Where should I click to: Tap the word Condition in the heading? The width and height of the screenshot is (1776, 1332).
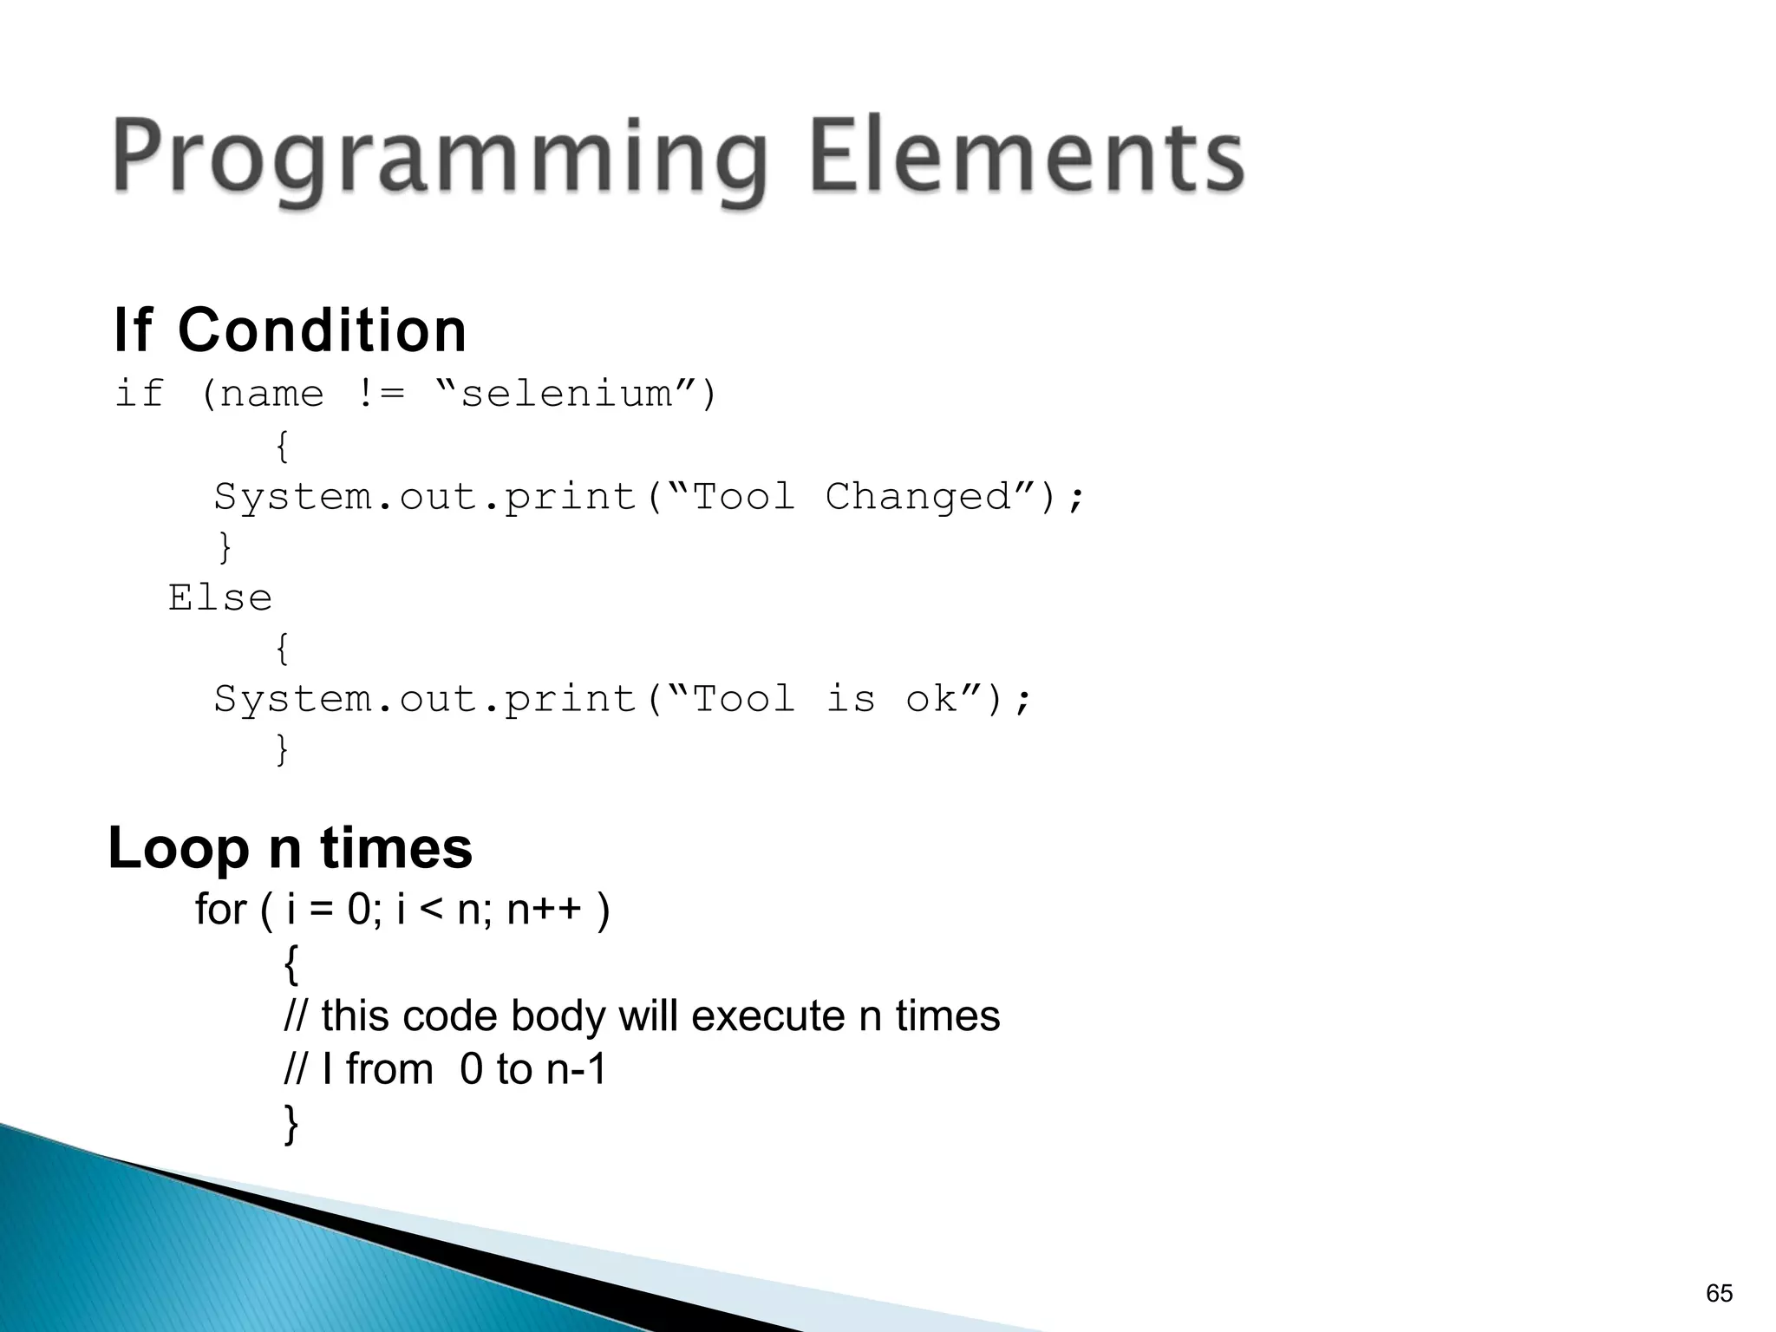[x=322, y=330]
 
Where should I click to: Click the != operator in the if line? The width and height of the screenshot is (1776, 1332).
[x=380, y=395]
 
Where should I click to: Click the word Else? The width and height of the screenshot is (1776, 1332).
[x=220, y=598]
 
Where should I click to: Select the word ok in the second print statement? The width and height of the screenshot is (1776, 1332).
[x=931, y=699]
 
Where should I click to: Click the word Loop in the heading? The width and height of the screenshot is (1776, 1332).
[x=179, y=850]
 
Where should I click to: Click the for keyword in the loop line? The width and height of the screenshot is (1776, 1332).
[x=220, y=910]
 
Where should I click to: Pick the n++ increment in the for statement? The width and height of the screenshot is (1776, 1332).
[x=544, y=910]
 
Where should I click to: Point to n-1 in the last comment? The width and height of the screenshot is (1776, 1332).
[x=576, y=1069]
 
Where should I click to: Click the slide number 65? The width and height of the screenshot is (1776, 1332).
[x=1719, y=1293]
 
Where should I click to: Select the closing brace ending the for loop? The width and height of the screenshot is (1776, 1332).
[x=291, y=1124]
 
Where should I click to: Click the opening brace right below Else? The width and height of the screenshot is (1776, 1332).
[x=282, y=648]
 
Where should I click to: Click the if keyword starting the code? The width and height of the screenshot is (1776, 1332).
[x=139, y=395]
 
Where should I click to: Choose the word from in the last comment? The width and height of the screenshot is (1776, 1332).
[x=389, y=1069]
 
